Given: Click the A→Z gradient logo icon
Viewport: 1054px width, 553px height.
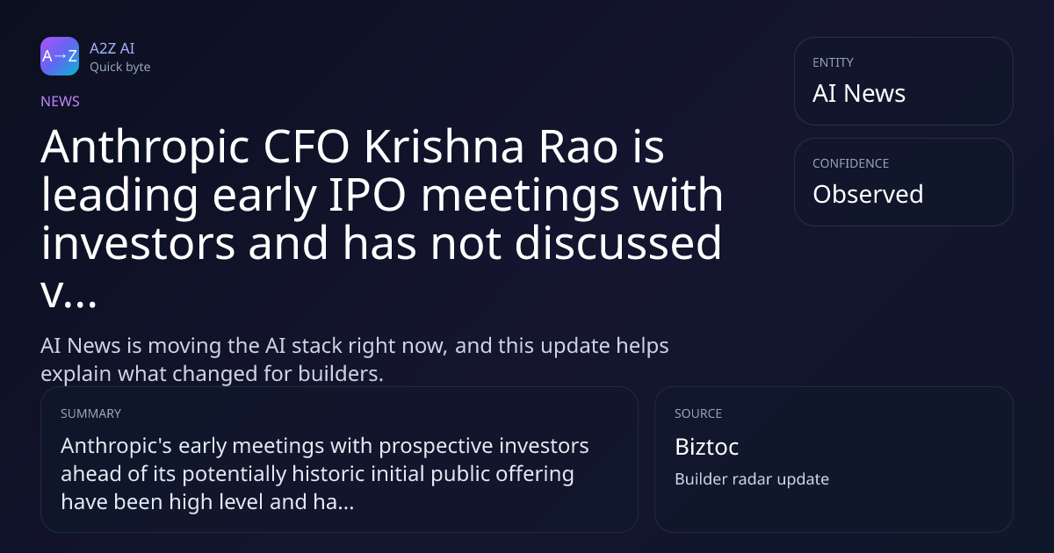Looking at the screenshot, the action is [x=60, y=56].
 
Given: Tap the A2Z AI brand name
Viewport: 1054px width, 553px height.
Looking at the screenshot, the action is [x=112, y=48].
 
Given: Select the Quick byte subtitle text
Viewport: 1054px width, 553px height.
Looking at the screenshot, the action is [x=120, y=68].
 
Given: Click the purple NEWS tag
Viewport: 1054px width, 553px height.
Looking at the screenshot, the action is [x=60, y=102].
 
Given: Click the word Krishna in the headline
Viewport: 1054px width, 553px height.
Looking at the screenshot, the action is [x=444, y=147].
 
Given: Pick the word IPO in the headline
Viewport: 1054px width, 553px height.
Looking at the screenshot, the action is [x=367, y=195].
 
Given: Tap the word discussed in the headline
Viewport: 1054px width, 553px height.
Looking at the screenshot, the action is [x=617, y=242].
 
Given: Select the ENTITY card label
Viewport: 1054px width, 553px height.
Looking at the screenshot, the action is [x=833, y=62].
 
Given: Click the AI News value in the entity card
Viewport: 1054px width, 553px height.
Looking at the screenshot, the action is [x=859, y=93].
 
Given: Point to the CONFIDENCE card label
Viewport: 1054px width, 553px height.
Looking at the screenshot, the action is [x=851, y=163].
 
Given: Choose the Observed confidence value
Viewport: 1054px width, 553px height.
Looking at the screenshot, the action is [x=868, y=194].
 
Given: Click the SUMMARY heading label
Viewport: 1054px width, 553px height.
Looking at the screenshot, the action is [x=90, y=413].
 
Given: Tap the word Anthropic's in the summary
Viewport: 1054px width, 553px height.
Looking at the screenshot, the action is [x=116, y=446].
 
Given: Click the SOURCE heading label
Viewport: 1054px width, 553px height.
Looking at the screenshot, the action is [x=697, y=413].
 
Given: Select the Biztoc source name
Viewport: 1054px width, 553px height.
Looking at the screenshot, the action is [x=706, y=447].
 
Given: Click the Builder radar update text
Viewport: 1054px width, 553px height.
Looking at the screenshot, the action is [x=752, y=479].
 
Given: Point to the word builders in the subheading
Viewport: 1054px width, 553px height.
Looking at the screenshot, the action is [x=341, y=374].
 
